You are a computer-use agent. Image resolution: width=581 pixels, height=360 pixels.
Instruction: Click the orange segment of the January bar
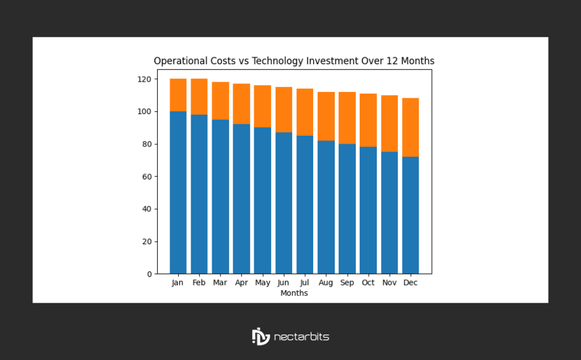coord(178,95)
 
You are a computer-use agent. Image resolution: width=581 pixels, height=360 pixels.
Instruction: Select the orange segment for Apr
coord(241,104)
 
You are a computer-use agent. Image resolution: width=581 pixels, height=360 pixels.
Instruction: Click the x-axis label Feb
coord(199,283)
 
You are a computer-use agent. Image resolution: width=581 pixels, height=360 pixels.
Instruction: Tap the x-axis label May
coord(262,283)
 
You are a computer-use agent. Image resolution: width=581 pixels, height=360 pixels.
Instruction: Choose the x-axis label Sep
coord(347,283)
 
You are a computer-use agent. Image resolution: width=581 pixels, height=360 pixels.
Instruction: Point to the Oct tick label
coord(368,283)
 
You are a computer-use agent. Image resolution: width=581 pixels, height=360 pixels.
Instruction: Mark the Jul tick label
coord(305,283)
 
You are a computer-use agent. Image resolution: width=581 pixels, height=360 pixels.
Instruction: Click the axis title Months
coord(294,293)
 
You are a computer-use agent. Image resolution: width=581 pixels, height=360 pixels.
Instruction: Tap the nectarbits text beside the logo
coord(301,337)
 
